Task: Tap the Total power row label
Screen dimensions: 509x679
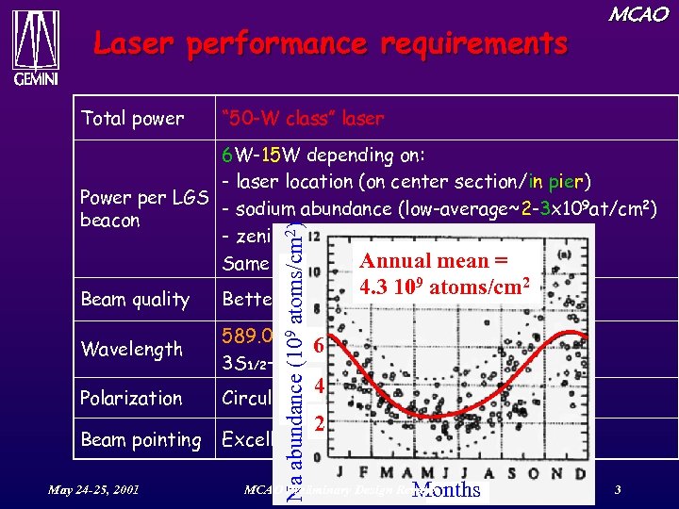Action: tap(133, 119)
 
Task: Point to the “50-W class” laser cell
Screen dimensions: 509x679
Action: tap(302, 119)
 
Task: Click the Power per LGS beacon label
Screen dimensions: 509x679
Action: tap(143, 208)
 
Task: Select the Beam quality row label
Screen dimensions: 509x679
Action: tap(136, 300)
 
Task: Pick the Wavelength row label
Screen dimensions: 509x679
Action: tap(132, 349)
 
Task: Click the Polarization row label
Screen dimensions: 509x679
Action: tap(132, 398)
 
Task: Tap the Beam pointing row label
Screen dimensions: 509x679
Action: tap(141, 440)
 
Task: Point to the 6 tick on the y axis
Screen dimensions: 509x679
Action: tap(320, 346)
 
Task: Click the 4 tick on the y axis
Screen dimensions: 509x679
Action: tap(320, 386)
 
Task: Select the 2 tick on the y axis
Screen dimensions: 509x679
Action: tap(320, 426)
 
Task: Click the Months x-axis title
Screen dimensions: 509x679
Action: tap(446, 490)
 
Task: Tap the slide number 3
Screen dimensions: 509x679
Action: tap(617, 490)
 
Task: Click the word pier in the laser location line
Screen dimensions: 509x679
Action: tap(571, 181)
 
